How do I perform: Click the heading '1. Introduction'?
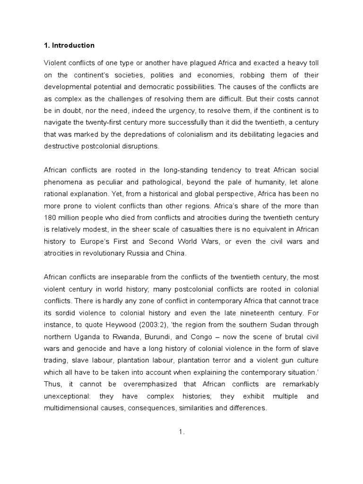pos(69,45)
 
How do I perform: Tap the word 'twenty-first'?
pos(100,123)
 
